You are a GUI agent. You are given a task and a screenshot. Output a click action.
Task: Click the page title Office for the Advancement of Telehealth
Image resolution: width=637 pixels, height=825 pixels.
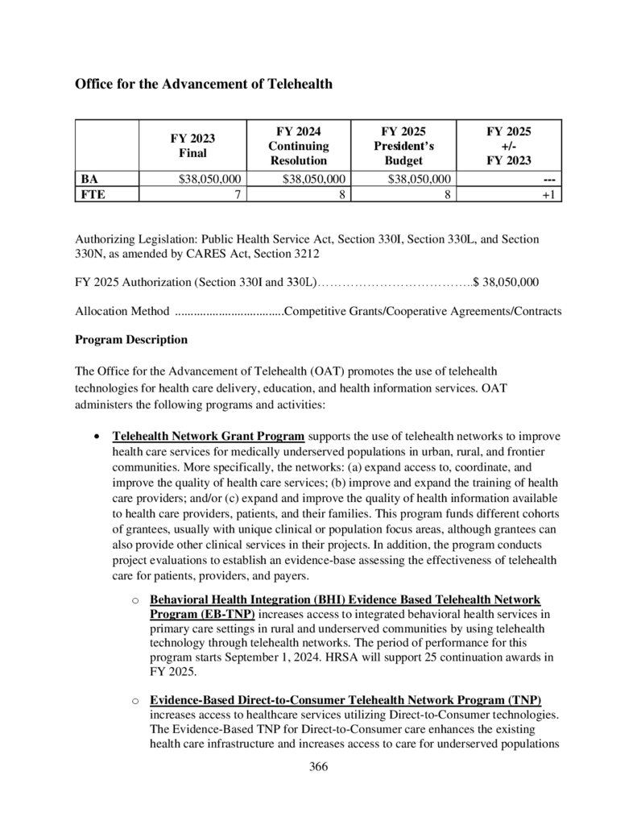(x=204, y=84)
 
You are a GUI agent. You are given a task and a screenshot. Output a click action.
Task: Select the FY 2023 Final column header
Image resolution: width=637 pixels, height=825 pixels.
(x=192, y=145)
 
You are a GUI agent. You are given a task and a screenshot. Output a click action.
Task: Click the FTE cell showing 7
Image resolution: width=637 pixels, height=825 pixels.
(x=238, y=194)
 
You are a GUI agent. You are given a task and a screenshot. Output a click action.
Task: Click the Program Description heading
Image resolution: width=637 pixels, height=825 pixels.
(x=131, y=340)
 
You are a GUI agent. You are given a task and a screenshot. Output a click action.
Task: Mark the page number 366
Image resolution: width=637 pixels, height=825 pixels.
(x=319, y=766)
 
